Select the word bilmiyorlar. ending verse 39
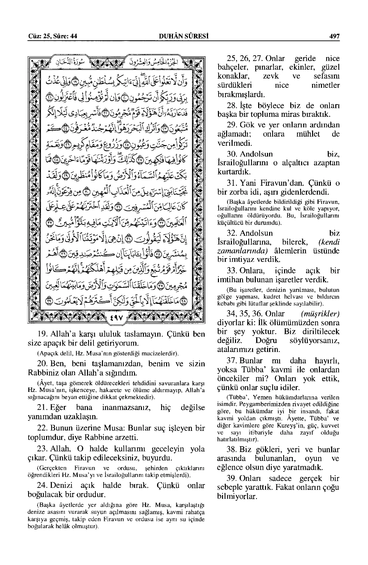[237, 496]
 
